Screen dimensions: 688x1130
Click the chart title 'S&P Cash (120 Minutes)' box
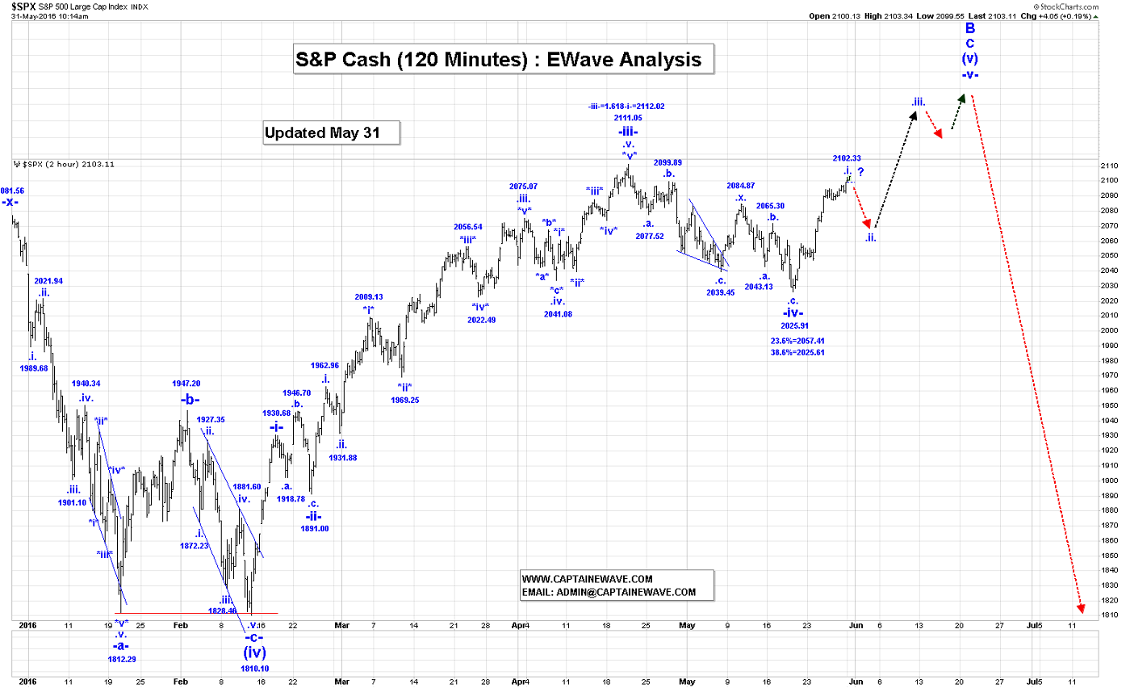(x=504, y=60)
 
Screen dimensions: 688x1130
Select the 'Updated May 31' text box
(x=332, y=132)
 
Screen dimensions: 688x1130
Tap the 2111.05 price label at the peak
(x=627, y=118)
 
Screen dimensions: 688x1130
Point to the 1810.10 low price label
(x=255, y=668)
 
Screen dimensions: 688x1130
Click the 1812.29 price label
(x=122, y=659)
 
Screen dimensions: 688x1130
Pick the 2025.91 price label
(x=795, y=326)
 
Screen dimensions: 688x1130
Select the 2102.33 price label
(x=847, y=158)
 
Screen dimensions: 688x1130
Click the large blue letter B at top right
(x=970, y=29)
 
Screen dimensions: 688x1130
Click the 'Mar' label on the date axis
(x=341, y=625)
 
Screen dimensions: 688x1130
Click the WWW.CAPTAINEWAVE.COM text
(x=587, y=579)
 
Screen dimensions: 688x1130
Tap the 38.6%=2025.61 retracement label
(x=797, y=353)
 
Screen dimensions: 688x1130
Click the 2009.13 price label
(x=368, y=296)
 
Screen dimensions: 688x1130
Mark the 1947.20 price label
(x=186, y=384)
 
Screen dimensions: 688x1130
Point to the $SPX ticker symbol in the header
(x=23, y=6)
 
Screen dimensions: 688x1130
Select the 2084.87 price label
(x=740, y=186)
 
